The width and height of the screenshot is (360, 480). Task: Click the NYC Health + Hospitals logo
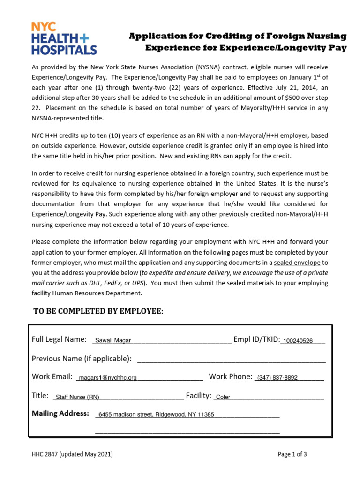pos(64,38)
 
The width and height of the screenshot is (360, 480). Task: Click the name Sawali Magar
pos(113,341)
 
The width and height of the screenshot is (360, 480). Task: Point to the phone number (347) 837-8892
pos(277,378)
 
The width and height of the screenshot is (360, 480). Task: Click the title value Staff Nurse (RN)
pos(77,397)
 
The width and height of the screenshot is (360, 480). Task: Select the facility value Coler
pos(223,397)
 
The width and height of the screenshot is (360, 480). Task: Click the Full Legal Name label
pos(59,339)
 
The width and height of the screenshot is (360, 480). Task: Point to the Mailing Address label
pos(60,413)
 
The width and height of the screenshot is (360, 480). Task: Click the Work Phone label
pos(231,377)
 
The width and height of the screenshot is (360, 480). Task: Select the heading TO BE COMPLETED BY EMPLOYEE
pos(98,312)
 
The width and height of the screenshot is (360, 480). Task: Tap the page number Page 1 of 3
pos(292,454)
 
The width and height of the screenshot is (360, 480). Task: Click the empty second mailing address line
pos(187,431)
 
